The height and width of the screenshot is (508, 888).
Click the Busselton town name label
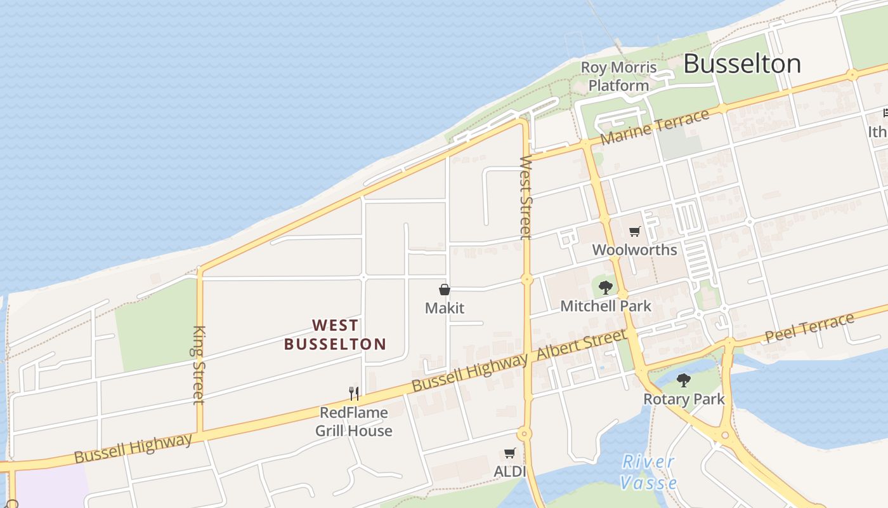pyautogui.click(x=742, y=64)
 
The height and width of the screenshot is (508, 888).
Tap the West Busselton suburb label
pyautogui.click(x=335, y=335)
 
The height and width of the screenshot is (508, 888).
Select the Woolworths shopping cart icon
pyautogui.click(x=634, y=232)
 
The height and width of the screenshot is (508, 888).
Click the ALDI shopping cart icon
pyautogui.click(x=509, y=453)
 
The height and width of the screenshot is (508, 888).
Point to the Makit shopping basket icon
pyautogui.click(x=445, y=290)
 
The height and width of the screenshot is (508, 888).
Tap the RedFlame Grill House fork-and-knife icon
pyautogui.click(x=354, y=394)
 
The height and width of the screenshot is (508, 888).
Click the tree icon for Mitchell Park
pyautogui.click(x=606, y=287)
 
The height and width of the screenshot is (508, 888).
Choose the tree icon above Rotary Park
pyautogui.click(x=683, y=380)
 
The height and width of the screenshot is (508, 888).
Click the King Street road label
pyautogui.click(x=199, y=364)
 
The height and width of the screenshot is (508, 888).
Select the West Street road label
pyautogui.click(x=525, y=197)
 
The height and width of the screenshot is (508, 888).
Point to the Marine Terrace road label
pyautogui.click(x=655, y=127)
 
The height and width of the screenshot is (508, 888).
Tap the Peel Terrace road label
pyautogui.click(x=809, y=328)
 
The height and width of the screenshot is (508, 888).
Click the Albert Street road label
pyautogui.click(x=582, y=346)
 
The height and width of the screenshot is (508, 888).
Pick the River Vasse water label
pyautogui.click(x=648, y=472)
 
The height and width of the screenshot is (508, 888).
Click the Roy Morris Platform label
pyautogui.click(x=619, y=76)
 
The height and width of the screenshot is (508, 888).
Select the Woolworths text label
pyautogui.click(x=634, y=250)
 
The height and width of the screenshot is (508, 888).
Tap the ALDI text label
pyautogui.click(x=510, y=472)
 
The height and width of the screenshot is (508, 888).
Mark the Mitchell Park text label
pyautogui.click(x=606, y=306)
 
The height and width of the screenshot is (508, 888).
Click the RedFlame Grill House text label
pyautogui.click(x=354, y=422)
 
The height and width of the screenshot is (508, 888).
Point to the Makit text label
pyautogui.click(x=445, y=308)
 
